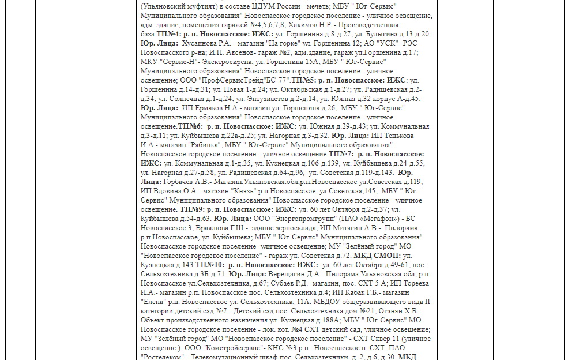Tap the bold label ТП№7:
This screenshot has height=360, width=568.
341,154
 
